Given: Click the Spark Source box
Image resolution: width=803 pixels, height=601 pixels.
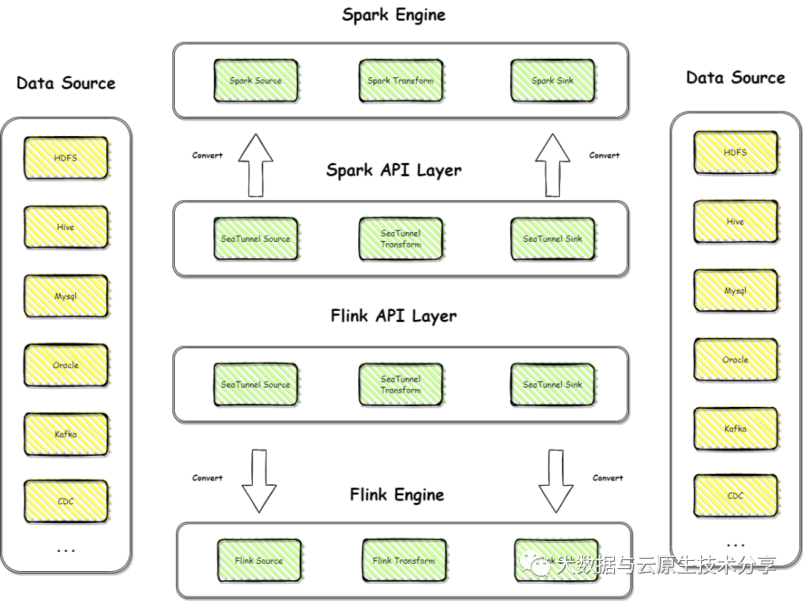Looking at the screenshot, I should pyautogui.click(x=256, y=80).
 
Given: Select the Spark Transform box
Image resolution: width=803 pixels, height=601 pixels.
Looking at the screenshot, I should pyautogui.click(x=401, y=80).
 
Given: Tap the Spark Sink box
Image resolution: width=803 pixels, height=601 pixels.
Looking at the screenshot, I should pyautogui.click(x=552, y=80).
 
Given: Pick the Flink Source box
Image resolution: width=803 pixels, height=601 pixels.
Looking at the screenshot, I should pyautogui.click(x=259, y=560).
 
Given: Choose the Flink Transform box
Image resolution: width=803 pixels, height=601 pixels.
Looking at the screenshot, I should pyautogui.click(x=404, y=560).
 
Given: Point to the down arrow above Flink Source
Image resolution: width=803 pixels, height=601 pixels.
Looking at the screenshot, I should pyautogui.click(x=257, y=480).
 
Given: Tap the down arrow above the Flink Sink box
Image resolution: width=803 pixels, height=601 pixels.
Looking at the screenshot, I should pyautogui.click(x=554, y=480).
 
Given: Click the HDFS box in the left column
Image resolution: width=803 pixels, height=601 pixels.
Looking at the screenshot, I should pyautogui.click(x=65, y=158).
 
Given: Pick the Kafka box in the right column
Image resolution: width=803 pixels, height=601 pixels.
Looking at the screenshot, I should pyautogui.click(x=735, y=428).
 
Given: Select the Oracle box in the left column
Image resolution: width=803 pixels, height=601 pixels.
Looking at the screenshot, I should pyautogui.click(x=65, y=365).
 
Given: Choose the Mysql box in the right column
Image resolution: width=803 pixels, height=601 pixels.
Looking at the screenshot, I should pyautogui.click(x=735, y=290).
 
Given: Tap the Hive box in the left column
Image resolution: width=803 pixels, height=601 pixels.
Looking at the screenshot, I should pyautogui.click(x=65, y=227).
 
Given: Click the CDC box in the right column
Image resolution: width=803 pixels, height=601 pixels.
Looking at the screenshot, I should pyautogui.click(x=735, y=496).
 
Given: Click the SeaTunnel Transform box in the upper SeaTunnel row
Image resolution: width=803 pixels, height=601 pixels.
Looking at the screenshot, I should pyautogui.click(x=401, y=239).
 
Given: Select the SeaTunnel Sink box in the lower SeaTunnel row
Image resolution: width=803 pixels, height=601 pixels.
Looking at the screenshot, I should pyautogui.click(x=552, y=385).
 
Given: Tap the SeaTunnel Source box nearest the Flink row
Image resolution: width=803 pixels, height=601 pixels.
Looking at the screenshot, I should pyautogui.click(x=256, y=385).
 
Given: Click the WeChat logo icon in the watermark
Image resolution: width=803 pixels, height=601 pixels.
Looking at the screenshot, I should pyautogui.click(x=535, y=565).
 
